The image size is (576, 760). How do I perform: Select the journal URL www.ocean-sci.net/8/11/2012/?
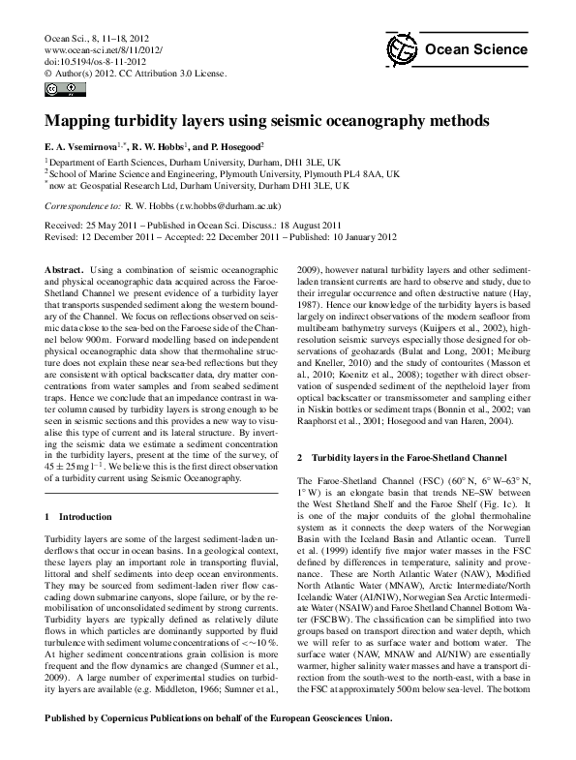105,47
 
